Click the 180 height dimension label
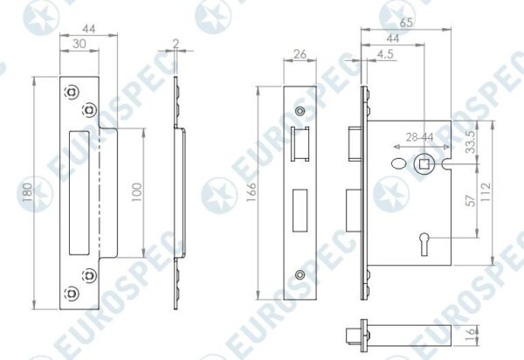point(28,192)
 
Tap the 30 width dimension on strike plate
point(79,44)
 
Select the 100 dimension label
point(137,192)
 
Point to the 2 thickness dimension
point(176,44)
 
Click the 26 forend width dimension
point(300,54)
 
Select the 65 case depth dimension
point(406,23)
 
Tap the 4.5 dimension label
point(385,54)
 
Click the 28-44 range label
point(420,137)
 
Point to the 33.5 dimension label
point(471,142)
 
